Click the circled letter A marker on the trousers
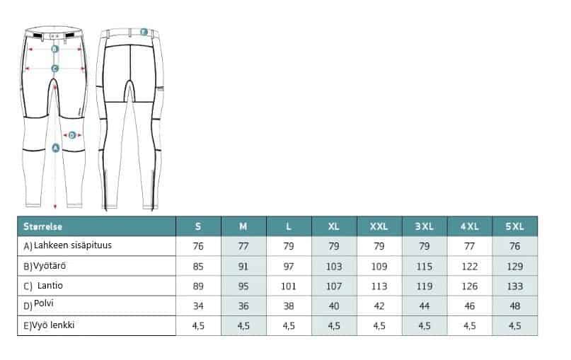point(55,148)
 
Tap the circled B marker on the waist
point(55,49)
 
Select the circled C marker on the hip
point(55,68)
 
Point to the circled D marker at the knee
point(72,135)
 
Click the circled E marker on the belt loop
point(144,32)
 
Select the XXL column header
point(379,226)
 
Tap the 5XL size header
point(514,226)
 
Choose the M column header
point(243,226)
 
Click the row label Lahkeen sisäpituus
point(72,245)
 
